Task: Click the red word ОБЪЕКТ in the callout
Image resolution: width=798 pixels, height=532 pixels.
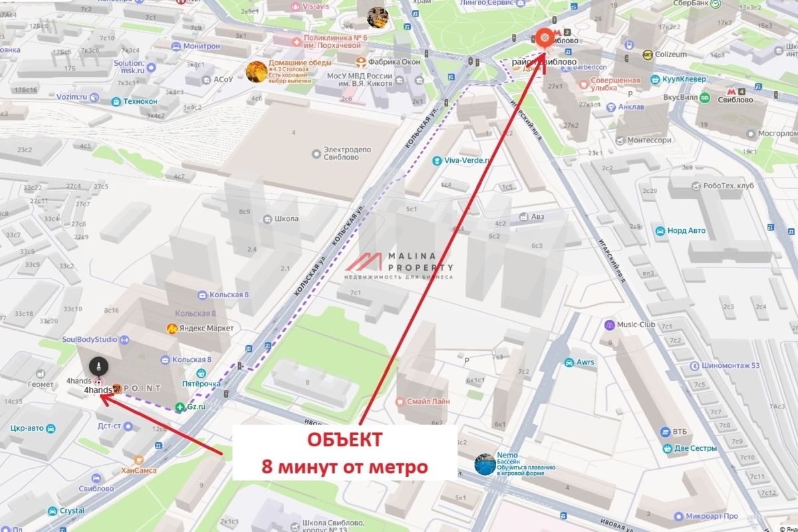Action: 344,440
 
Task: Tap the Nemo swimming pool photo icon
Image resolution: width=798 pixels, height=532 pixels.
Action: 485,464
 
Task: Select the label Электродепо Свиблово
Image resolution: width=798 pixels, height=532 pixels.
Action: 347,154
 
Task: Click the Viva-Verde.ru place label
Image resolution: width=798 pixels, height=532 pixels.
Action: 467,160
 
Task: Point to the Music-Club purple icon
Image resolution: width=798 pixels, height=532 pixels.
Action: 610,325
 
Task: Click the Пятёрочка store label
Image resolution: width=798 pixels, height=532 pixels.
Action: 201,384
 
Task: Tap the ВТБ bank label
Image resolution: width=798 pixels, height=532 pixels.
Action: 679,432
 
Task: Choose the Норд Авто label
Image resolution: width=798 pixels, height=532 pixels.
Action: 686,231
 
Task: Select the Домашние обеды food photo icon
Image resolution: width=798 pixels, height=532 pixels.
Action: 257,71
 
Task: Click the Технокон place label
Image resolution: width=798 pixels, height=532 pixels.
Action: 140,102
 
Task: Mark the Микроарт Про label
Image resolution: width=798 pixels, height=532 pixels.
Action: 714,516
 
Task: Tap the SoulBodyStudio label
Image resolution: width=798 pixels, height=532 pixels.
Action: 89,339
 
